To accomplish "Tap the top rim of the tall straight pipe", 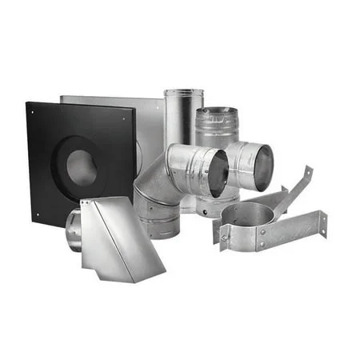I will pos(183,93).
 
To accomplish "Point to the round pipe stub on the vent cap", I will pos(73,229).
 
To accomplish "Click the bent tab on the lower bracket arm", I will pos(322,221).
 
